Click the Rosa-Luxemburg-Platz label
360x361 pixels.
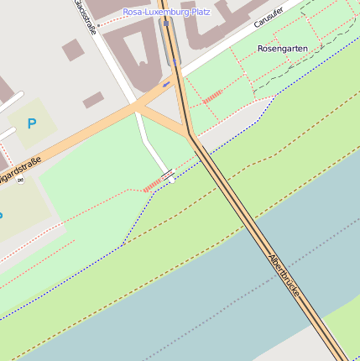[x=166, y=13]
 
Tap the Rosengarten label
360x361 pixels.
[x=282, y=49]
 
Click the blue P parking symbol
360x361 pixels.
[x=32, y=124]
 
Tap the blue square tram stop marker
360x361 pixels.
[x=167, y=24]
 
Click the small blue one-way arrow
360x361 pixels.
[x=166, y=84]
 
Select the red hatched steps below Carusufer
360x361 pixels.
[x=212, y=97]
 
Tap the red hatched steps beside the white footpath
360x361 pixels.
[x=152, y=184]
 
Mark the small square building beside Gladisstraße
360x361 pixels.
[x=73, y=50]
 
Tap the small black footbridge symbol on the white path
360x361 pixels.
[x=169, y=175]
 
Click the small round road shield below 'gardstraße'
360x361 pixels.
[x=19, y=180]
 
